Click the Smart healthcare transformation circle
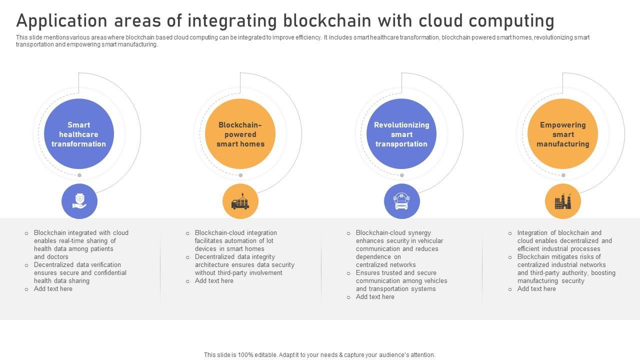click(79, 134)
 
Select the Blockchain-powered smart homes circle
click(240, 134)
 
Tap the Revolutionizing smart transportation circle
click(401, 134)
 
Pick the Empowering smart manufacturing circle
click(563, 134)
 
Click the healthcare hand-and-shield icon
click(79, 201)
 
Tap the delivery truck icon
click(240, 201)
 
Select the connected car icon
click(401, 201)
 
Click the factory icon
click(563, 201)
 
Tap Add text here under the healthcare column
click(53, 289)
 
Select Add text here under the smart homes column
click(214, 281)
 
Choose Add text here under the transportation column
click(375, 297)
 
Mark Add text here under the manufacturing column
click(536, 289)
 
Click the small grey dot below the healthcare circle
click(79, 175)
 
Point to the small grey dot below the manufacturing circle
click(563, 175)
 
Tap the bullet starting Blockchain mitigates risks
click(566, 269)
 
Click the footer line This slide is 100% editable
click(319, 355)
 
